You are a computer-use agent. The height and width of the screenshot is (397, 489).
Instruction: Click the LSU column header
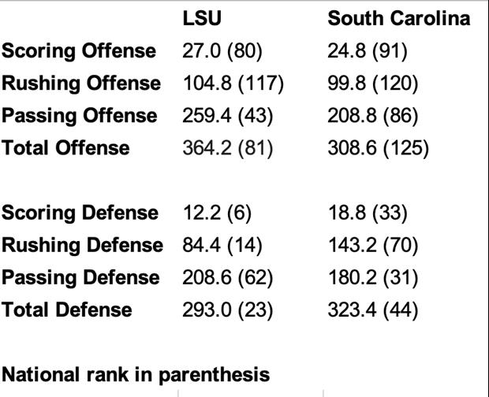coord(202,18)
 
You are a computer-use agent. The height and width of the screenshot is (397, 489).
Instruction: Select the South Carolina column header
coord(399,18)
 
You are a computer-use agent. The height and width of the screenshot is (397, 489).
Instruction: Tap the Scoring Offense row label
coord(79,51)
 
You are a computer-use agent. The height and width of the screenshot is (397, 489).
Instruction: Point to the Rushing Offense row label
coord(81,83)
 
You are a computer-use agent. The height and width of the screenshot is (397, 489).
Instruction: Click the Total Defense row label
coord(67,310)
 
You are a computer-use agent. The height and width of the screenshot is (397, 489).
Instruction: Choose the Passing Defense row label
coord(80,278)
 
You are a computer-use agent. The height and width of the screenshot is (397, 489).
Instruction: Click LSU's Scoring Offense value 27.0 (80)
coord(222,51)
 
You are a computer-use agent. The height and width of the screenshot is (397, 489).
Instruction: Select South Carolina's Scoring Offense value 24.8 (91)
coord(368,51)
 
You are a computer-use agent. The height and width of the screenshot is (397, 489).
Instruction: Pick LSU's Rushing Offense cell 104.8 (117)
coord(233,83)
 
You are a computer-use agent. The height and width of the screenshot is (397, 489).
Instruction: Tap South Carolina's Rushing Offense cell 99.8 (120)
coord(373,83)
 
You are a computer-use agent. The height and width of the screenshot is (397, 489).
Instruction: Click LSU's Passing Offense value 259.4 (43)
coord(228,116)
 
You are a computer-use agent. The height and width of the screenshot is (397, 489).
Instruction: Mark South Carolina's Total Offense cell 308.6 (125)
coord(379,148)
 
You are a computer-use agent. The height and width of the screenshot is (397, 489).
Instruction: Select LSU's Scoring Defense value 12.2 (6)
coord(217,213)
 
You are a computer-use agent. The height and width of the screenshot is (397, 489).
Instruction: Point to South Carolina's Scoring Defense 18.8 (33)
coord(368,213)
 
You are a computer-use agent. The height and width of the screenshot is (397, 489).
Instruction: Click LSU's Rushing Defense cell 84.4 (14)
coord(222,245)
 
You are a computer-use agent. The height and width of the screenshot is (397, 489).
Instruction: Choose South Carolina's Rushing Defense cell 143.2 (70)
coord(373,245)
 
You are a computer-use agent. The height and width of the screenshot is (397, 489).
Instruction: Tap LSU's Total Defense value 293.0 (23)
coord(228,310)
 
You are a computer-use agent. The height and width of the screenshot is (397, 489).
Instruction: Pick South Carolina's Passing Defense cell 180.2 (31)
coord(373,278)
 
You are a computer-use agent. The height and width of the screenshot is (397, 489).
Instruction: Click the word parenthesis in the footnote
coord(215,375)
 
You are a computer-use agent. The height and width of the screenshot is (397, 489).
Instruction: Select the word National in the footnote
coord(40,374)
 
